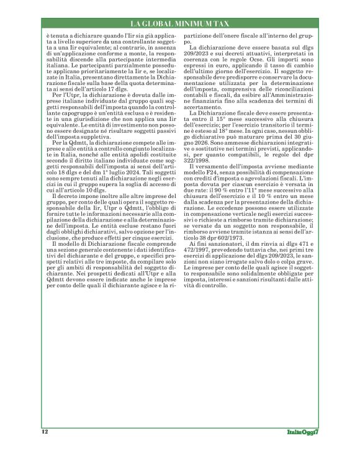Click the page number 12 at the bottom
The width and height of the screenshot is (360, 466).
pyautogui.click(x=45, y=431)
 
